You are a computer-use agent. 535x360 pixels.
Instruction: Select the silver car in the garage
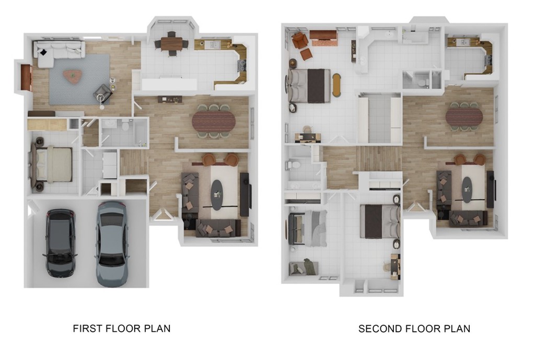111,243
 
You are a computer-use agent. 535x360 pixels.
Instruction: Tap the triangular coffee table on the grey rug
72,76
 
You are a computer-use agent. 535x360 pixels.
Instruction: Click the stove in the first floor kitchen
242,65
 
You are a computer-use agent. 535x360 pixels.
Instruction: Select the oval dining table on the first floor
213,121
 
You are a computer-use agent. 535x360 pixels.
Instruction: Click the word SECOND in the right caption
380,329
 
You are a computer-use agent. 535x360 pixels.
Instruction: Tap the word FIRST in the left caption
88,329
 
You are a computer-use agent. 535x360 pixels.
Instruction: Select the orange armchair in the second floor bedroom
299,40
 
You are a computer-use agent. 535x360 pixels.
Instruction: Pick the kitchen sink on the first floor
213,45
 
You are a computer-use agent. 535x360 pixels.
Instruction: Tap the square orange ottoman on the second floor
306,54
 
